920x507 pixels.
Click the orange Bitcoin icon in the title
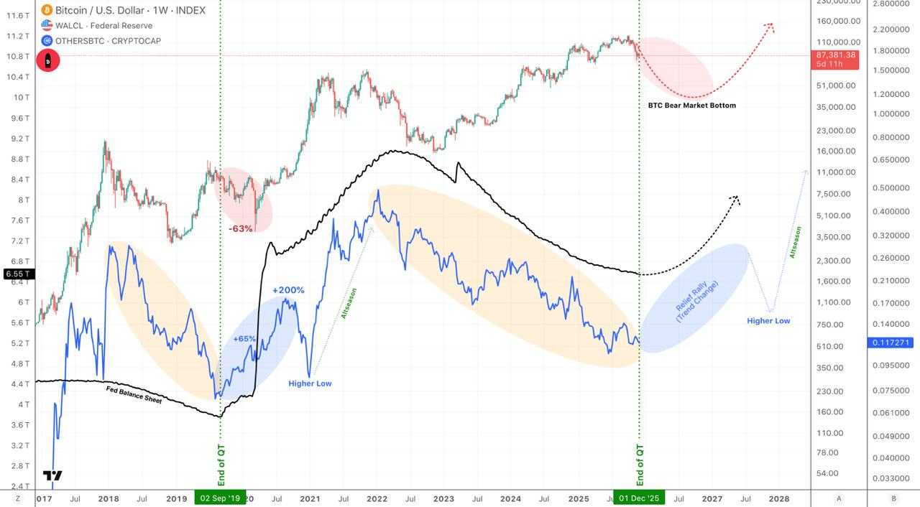[47, 10]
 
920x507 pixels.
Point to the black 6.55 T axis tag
[16, 274]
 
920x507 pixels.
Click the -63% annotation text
[241, 228]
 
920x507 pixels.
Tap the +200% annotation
[288, 290]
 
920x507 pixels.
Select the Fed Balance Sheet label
[134, 394]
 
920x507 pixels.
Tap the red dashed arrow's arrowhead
[770, 26]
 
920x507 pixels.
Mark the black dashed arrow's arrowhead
[735, 198]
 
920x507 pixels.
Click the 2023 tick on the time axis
[443, 498]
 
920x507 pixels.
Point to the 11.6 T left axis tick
[17, 15]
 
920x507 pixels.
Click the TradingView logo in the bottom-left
[52, 475]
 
